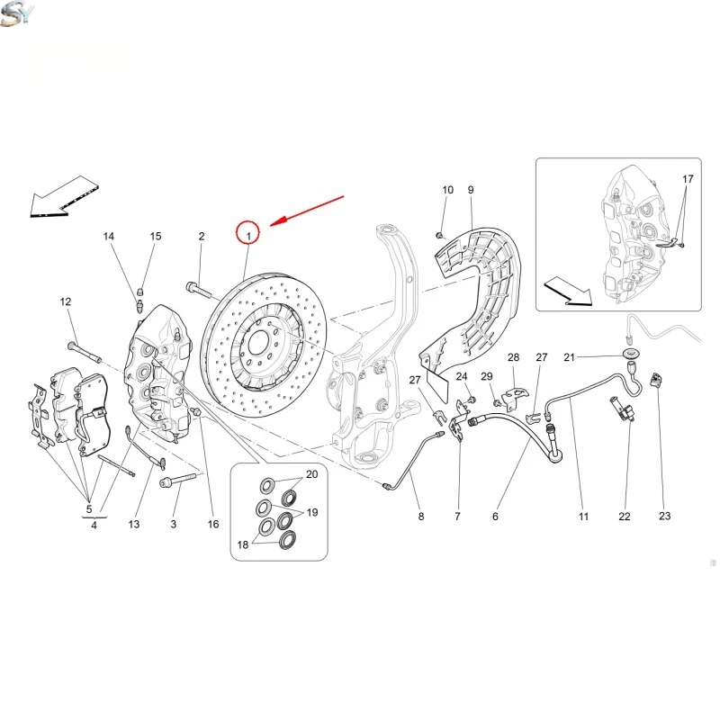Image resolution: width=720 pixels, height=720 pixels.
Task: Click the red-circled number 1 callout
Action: (247, 233)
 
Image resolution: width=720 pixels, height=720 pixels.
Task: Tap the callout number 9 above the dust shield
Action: (470, 190)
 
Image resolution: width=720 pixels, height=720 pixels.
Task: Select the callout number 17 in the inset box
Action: (688, 180)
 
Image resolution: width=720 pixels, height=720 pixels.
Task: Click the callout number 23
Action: (664, 517)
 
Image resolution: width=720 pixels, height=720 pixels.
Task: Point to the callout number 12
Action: (66, 301)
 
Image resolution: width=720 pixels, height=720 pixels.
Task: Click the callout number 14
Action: (109, 237)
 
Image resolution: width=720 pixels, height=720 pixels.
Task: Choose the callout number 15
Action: (156, 237)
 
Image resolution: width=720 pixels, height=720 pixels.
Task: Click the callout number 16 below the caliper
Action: (213, 524)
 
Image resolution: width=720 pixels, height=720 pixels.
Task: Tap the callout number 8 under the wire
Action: (420, 517)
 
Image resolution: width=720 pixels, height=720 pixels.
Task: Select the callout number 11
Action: (583, 517)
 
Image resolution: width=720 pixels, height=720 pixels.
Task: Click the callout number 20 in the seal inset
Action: (311, 474)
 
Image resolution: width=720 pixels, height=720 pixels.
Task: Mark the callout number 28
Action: (513, 357)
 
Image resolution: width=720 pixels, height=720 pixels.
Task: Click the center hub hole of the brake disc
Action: (256, 343)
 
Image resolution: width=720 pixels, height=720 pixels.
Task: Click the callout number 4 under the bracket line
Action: (94, 525)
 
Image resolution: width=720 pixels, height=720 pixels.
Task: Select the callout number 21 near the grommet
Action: (594, 358)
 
